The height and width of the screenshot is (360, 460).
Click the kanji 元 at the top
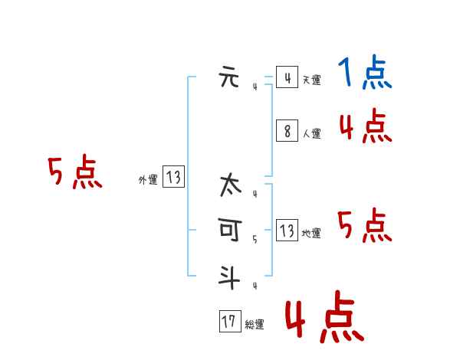point(228,77)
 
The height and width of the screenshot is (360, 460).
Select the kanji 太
point(228,186)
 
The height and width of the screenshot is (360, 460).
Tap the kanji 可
point(228,229)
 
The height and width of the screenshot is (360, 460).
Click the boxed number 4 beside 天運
point(287,77)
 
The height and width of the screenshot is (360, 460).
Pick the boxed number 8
point(287,131)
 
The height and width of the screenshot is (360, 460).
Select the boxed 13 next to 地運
point(287,231)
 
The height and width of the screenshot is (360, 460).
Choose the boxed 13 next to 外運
point(173,178)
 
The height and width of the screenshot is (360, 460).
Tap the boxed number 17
point(228,322)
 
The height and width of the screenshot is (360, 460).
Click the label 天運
point(311,80)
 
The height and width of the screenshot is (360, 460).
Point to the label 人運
point(311,133)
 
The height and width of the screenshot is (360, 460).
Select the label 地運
point(311,233)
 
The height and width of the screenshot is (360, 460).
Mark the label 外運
point(148,180)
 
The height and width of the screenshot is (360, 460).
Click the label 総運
point(254,325)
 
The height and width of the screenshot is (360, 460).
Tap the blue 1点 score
point(364,74)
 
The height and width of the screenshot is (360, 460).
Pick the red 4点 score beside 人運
point(365,126)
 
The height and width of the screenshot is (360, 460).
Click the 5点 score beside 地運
point(365,225)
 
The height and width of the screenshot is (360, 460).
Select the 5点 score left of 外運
point(74,172)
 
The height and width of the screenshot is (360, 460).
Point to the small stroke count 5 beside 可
point(255,240)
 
